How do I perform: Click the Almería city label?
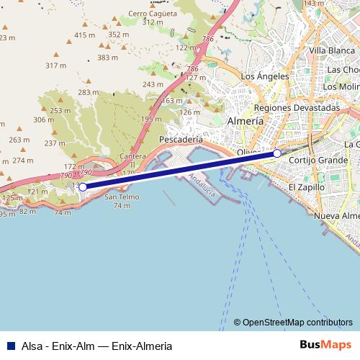pyautogui.click(x=244, y=122)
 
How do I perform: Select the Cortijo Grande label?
pyautogui.click(x=317, y=160)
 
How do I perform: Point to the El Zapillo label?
pyautogui.click(x=306, y=187)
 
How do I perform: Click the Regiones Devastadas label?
pyautogui.click(x=297, y=107)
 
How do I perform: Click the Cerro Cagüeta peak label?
pyautogui.click(x=152, y=13)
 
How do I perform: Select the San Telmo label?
pyautogui.click(x=122, y=197)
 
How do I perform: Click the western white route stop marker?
pyautogui.click(x=83, y=186)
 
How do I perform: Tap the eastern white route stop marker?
pyautogui.click(x=277, y=153)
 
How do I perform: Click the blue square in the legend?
pyautogui.click(x=12, y=346)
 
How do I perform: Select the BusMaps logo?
pyautogui.click(x=325, y=345)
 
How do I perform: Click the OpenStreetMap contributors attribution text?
pyautogui.click(x=297, y=322)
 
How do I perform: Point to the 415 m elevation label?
pyautogui.click(x=84, y=35)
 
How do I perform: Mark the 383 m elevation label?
pyautogui.click(x=107, y=58)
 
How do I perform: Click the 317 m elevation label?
pyautogui.click(x=55, y=66)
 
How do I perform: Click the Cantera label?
pyautogui.click(x=134, y=156)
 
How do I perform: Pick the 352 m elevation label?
pyautogui.click(x=118, y=34)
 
